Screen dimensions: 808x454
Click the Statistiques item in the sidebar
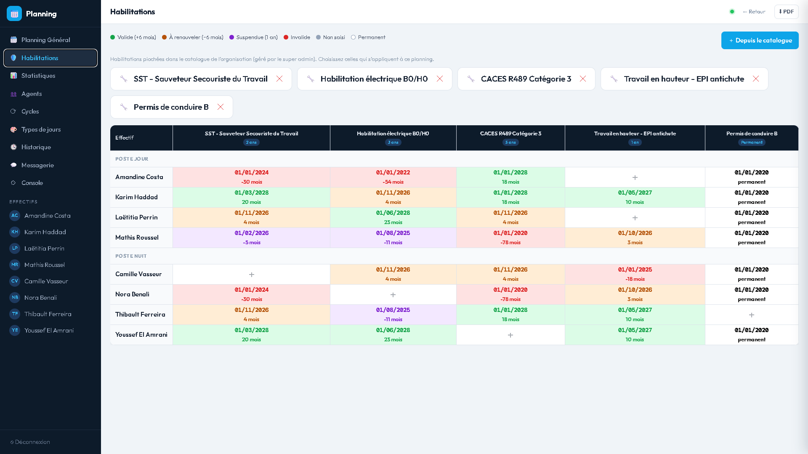[38, 76]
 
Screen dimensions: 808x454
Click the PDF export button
[786, 12]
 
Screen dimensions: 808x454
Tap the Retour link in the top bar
[754, 12]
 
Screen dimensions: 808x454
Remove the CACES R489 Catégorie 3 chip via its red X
[583, 79]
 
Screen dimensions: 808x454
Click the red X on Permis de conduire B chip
[221, 107]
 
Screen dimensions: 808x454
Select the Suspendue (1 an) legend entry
[253, 37]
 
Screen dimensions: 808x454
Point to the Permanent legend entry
[368, 37]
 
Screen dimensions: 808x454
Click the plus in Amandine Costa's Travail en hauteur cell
[635, 177]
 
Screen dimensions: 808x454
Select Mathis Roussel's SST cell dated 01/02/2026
[252, 238]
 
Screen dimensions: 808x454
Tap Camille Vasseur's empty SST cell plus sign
[252, 275]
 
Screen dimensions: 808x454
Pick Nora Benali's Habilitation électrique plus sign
[393, 295]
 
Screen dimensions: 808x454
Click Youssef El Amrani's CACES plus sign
[510, 335]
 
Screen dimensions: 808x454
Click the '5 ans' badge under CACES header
[510, 143]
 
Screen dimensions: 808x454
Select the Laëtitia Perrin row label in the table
[136, 217]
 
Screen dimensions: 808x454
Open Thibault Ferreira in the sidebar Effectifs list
[48, 314]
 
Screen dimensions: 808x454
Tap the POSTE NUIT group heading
[131, 256]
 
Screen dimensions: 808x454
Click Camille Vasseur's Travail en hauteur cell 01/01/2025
[635, 275]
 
